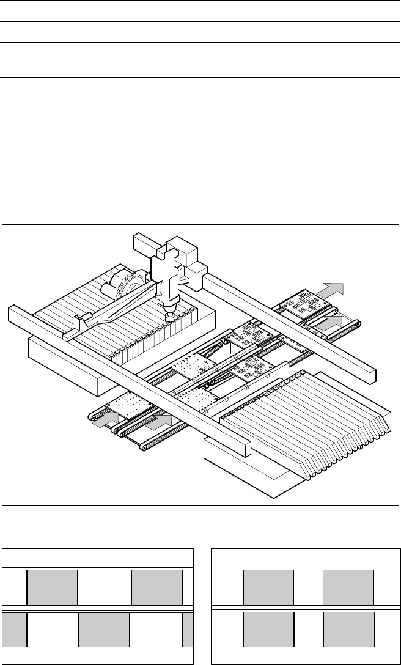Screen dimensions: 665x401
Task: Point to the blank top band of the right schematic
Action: point(302,559)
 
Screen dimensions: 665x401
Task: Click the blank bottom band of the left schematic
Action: point(98,656)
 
